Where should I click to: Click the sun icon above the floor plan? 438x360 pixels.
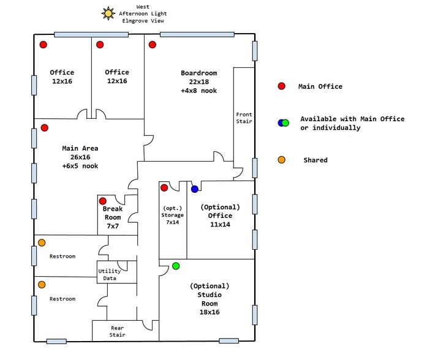point(109,13)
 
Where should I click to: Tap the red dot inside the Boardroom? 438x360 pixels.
point(153,45)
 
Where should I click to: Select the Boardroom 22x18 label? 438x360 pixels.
point(198,82)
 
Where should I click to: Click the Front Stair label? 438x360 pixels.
point(244,118)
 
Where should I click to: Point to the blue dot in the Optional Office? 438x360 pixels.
point(194,189)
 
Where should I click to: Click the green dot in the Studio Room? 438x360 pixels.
point(176,266)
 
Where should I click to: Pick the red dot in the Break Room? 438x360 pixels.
point(103,201)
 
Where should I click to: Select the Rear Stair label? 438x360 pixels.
point(117,331)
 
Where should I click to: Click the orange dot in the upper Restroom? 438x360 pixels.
point(42,242)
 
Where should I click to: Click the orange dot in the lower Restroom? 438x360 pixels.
point(42,285)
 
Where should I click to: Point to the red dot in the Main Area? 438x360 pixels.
point(44,127)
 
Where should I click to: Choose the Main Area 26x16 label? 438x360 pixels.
point(80,157)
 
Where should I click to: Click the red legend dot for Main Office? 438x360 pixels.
point(282,86)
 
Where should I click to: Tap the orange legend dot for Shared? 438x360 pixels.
point(282,160)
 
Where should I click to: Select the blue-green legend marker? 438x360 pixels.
point(283,122)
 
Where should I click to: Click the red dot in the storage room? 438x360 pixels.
point(164,187)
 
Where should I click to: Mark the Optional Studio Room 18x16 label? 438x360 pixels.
point(210,299)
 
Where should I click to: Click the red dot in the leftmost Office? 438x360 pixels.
point(43,45)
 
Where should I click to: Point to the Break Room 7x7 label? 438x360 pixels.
point(112,217)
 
